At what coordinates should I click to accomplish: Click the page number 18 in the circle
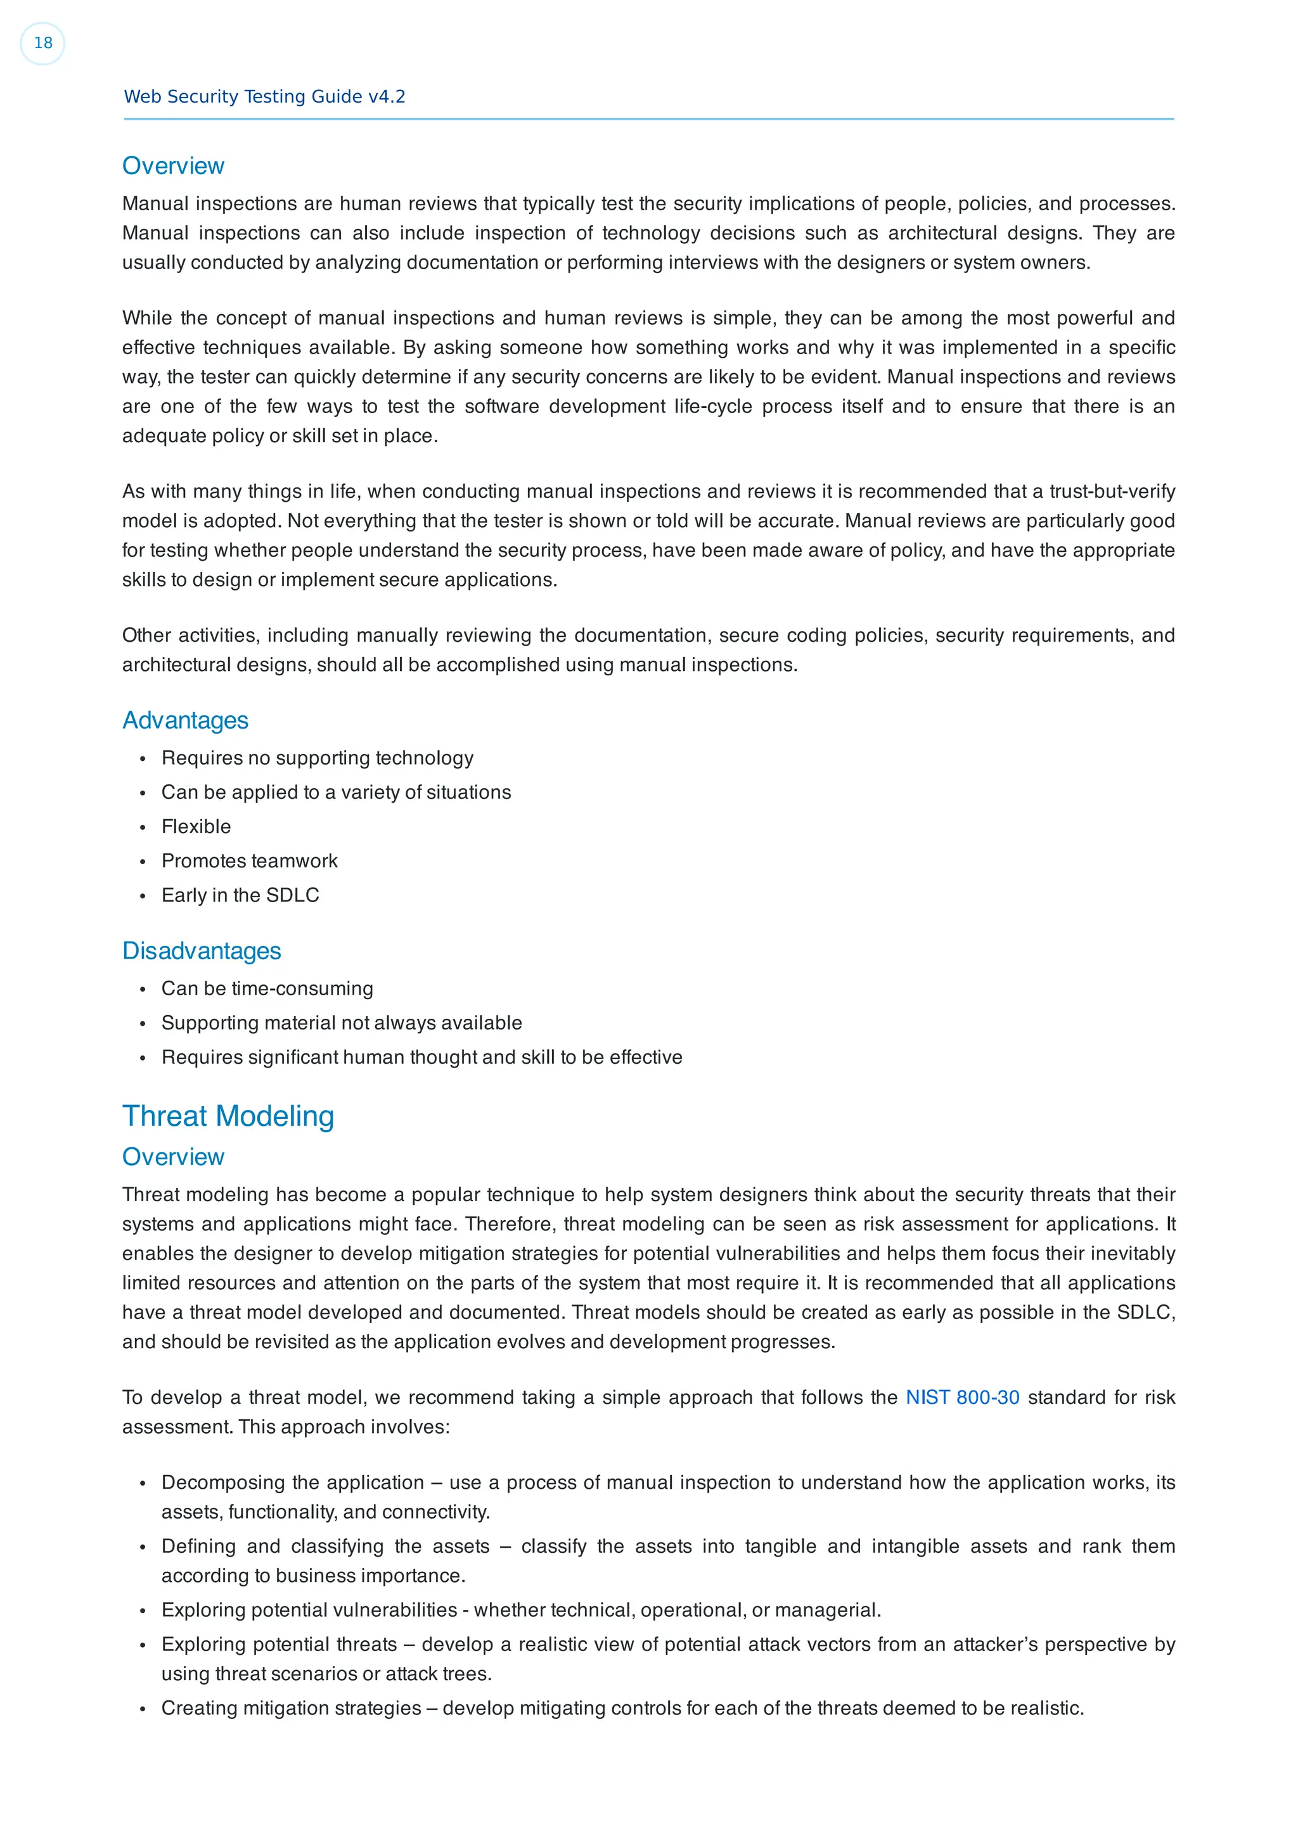click(x=42, y=43)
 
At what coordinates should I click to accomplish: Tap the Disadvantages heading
click(x=202, y=951)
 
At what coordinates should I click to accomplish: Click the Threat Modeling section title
click(x=228, y=1116)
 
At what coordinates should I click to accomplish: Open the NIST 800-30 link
click(x=962, y=1397)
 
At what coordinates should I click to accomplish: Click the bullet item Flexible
click(x=196, y=827)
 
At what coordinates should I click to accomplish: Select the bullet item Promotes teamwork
click(x=250, y=861)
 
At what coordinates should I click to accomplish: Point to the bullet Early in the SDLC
click(x=240, y=896)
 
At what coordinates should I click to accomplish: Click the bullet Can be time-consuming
click(x=267, y=989)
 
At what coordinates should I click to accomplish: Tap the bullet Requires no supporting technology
click(x=317, y=758)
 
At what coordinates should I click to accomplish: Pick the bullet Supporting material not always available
click(x=342, y=1024)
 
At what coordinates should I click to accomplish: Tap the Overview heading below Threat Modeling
click(x=173, y=1157)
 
